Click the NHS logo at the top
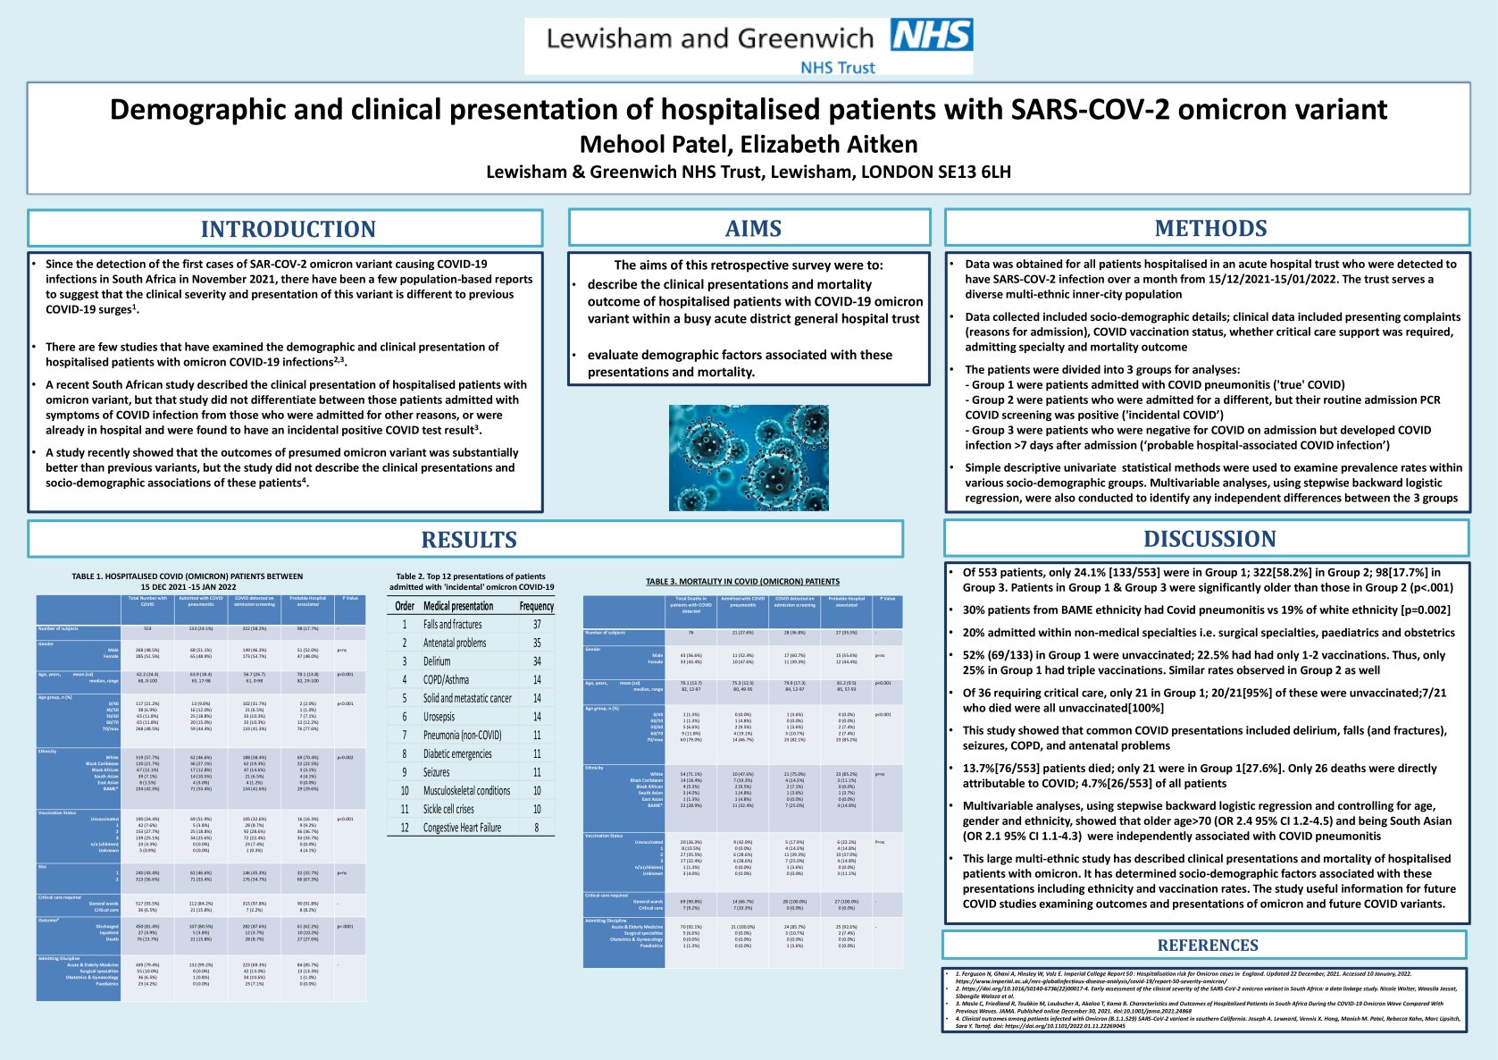[932, 35]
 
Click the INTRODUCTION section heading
[288, 229]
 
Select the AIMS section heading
[753, 228]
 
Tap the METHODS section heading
[1210, 228]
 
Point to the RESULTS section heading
[469, 540]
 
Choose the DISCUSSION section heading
[1209, 539]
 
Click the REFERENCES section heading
[1207, 946]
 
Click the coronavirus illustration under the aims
[749, 458]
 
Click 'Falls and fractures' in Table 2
[452, 625]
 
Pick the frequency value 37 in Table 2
[537, 625]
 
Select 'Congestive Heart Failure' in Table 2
[462, 828]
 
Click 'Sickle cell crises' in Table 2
[448, 809]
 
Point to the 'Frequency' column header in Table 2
[537, 606]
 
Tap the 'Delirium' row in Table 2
[437, 661]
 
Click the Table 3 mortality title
[742, 582]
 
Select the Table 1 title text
[188, 582]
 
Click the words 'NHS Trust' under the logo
[837, 67]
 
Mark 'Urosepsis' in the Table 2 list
[439, 717]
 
